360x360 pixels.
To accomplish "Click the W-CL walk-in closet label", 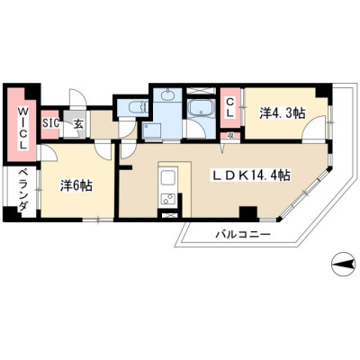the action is click(22, 129).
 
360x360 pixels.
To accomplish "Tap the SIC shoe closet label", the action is click(50, 123).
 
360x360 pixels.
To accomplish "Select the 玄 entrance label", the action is click(78, 124).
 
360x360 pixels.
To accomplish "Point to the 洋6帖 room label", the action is click(76, 186).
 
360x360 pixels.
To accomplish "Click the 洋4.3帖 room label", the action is click(282, 113).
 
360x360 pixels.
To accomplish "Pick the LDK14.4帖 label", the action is click(251, 175).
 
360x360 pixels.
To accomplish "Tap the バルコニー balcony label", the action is click(243, 234).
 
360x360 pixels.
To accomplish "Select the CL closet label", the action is click(230, 107).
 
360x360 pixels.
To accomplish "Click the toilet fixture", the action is click(137, 107).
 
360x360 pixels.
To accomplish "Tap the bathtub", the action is click(201, 108).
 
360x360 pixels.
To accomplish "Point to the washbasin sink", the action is click(167, 95).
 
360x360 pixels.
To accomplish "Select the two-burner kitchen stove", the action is click(168, 199).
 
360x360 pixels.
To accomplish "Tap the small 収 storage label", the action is click(230, 136).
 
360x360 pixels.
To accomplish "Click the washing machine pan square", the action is click(152, 130).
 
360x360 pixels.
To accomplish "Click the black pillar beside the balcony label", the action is click(248, 213).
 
